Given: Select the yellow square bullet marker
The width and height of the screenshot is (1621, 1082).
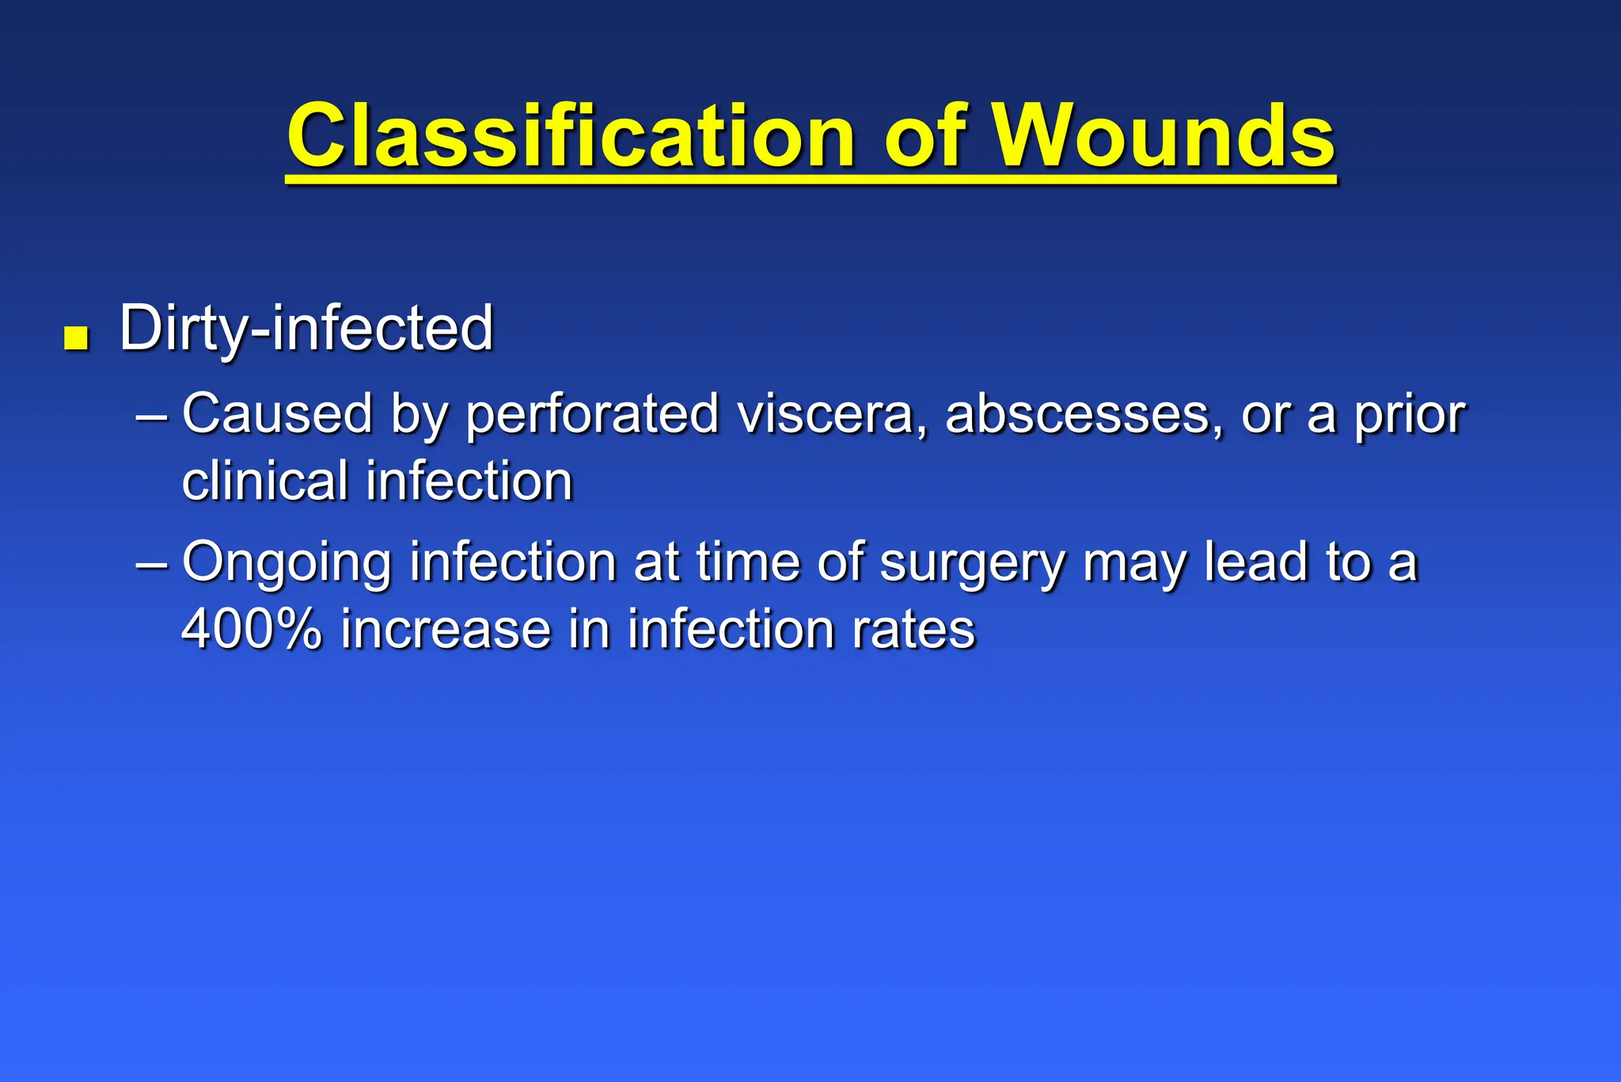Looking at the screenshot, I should [x=76, y=338].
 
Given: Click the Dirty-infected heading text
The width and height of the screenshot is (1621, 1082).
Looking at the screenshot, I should [x=306, y=328].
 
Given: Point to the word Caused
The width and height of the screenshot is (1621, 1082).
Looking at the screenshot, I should [x=277, y=413].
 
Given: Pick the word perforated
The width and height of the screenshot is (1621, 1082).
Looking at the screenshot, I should [x=591, y=415].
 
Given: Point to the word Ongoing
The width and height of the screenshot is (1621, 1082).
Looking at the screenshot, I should [x=287, y=563].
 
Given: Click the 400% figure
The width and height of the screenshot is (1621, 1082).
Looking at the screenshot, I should [x=252, y=630].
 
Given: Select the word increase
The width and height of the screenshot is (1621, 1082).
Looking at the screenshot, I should [x=445, y=630].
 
